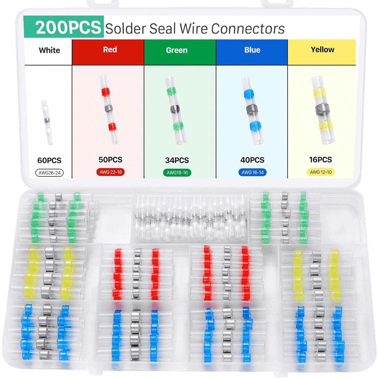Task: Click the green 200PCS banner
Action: click(64, 27)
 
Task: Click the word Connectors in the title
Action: click(248, 29)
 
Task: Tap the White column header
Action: click(49, 50)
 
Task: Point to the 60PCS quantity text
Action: click(49, 160)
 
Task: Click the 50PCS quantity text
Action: click(110, 160)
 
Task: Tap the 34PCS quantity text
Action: click(177, 160)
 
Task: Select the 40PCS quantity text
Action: click(252, 160)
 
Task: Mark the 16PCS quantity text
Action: click(321, 160)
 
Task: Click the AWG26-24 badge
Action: click(50, 173)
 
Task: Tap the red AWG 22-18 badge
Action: click(110, 172)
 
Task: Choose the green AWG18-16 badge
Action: click(177, 172)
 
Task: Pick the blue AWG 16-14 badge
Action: click(252, 172)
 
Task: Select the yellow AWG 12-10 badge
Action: click(321, 172)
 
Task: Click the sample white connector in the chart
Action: click(47, 122)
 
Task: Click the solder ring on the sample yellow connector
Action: click(323, 109)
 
